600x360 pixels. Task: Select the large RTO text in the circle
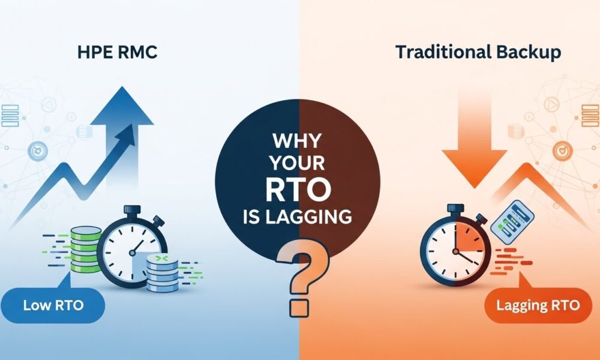coord(298,189)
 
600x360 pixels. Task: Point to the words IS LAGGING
coord(298,217)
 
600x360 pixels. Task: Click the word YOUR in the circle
coord(298,163)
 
